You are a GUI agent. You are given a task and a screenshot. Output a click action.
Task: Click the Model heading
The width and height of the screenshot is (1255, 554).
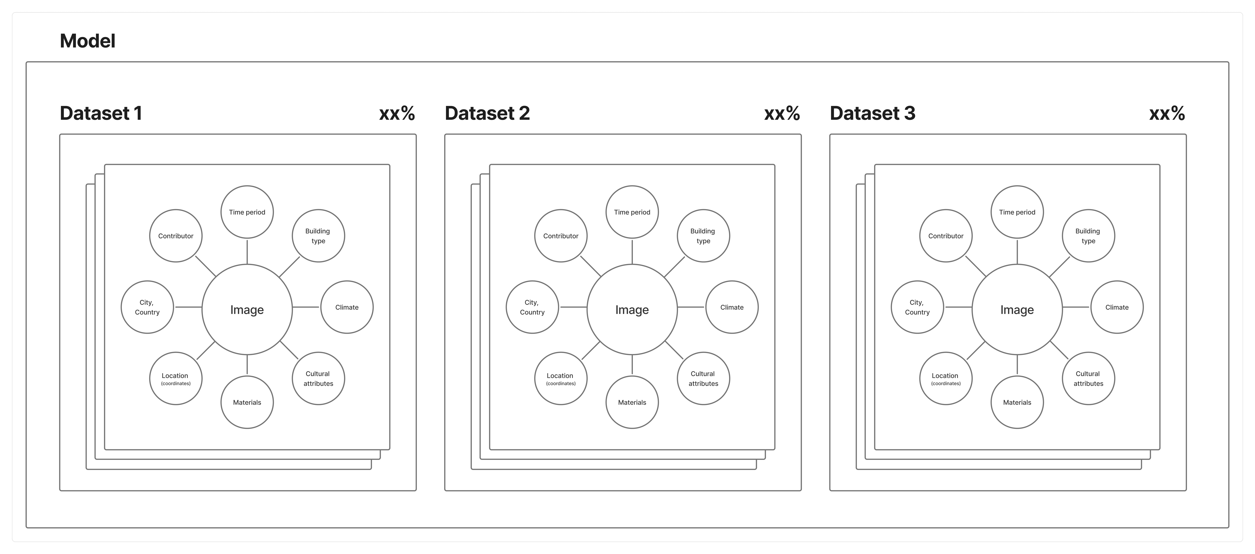click(x=88, y=41)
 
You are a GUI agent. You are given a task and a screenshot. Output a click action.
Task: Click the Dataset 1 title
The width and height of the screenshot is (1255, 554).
click(x=101, y=113)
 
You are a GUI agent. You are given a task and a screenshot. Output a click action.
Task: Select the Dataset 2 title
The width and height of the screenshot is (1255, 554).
click(x=487, y=113)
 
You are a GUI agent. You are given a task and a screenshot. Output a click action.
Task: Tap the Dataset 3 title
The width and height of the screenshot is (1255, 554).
click(x=873, y=113)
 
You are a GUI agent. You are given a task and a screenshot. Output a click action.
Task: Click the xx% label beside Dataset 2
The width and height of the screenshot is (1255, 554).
click(x=782, y=114)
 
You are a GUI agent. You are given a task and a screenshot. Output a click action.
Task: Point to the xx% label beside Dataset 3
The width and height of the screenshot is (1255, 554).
click(x=1167, y=114)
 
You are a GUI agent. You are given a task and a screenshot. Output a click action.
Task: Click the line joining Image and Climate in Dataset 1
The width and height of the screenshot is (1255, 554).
click(x=306, y=307)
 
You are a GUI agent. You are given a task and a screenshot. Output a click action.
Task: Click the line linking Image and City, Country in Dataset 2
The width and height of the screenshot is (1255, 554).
click(x=573, y=307)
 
